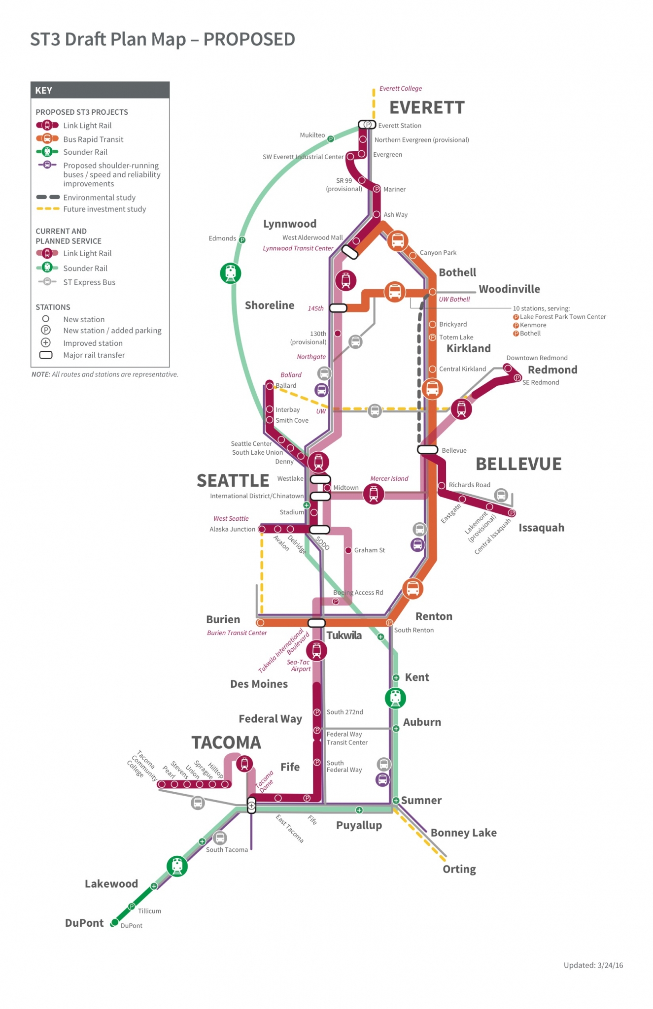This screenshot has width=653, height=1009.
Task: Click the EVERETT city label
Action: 427,107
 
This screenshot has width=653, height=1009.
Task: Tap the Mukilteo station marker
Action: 331,139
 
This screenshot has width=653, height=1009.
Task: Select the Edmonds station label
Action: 222,238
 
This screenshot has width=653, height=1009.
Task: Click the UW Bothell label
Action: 454,299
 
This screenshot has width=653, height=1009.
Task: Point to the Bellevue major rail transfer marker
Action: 427,449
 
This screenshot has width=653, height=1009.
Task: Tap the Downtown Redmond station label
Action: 537,358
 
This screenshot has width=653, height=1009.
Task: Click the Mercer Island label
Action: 389,478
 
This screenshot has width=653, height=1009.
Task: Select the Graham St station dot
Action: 348,550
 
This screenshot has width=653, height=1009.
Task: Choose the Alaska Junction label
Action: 232,529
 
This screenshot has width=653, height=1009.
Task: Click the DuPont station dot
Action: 114,922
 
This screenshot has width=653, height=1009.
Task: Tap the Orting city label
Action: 459,869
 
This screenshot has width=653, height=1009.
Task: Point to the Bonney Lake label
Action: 463,833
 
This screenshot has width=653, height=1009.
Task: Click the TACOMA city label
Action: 226,742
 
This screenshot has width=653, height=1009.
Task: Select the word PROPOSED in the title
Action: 249,39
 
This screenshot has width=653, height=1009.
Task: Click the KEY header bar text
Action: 44,91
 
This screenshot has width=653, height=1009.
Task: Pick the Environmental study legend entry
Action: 99,198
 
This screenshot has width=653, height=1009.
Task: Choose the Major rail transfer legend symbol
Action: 46,355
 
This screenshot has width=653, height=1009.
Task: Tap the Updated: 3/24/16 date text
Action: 593,965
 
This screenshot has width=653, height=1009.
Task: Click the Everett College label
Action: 400,89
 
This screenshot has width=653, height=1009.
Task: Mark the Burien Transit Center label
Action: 237,633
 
